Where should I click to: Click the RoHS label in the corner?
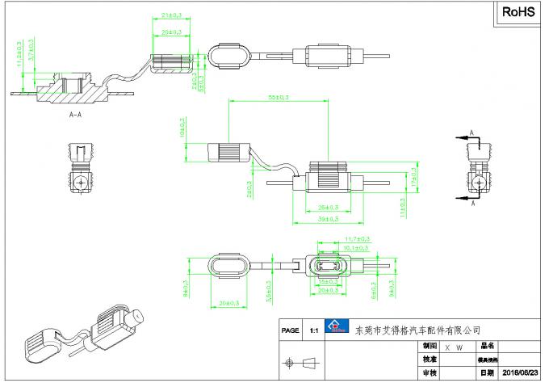(x=519, y=13)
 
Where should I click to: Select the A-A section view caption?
(x=76, y=116)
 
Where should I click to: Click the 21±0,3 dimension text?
(x=170, y=15)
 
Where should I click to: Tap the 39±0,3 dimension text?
(x=326, y=218)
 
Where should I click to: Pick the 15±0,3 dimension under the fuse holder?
(x=328, y=282)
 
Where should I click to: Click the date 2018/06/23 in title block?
(x=520, y=373)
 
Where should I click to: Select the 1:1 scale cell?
(x=313, y=330)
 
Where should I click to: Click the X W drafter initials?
(x=453, y=346)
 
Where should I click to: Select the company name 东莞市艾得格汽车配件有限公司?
(x=417, y=330)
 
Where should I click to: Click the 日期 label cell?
(x=487, y=373)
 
